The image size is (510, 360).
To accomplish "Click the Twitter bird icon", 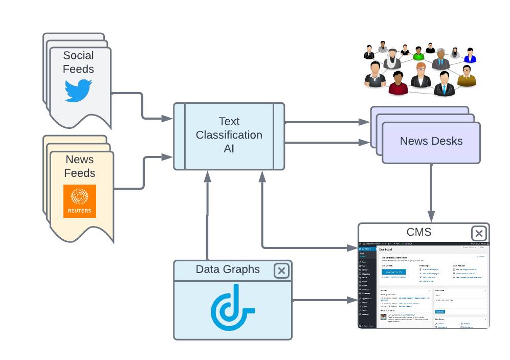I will coord(78,90).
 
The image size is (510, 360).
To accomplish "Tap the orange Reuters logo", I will coord(80,201).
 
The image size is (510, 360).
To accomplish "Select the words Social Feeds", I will coord(78,62).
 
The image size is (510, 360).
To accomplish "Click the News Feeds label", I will coord(80,166).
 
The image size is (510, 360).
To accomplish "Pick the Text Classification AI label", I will coord(229,135).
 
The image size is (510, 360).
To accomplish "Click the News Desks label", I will coord(431,141).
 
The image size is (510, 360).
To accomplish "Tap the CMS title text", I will coord(418,232).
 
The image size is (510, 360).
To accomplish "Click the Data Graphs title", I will coord(228,269).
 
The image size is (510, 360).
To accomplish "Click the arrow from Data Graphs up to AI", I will coord(207,215).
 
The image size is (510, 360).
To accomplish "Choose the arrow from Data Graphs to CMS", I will coord(325,300).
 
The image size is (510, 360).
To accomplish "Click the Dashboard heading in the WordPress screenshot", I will coord(385,250).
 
